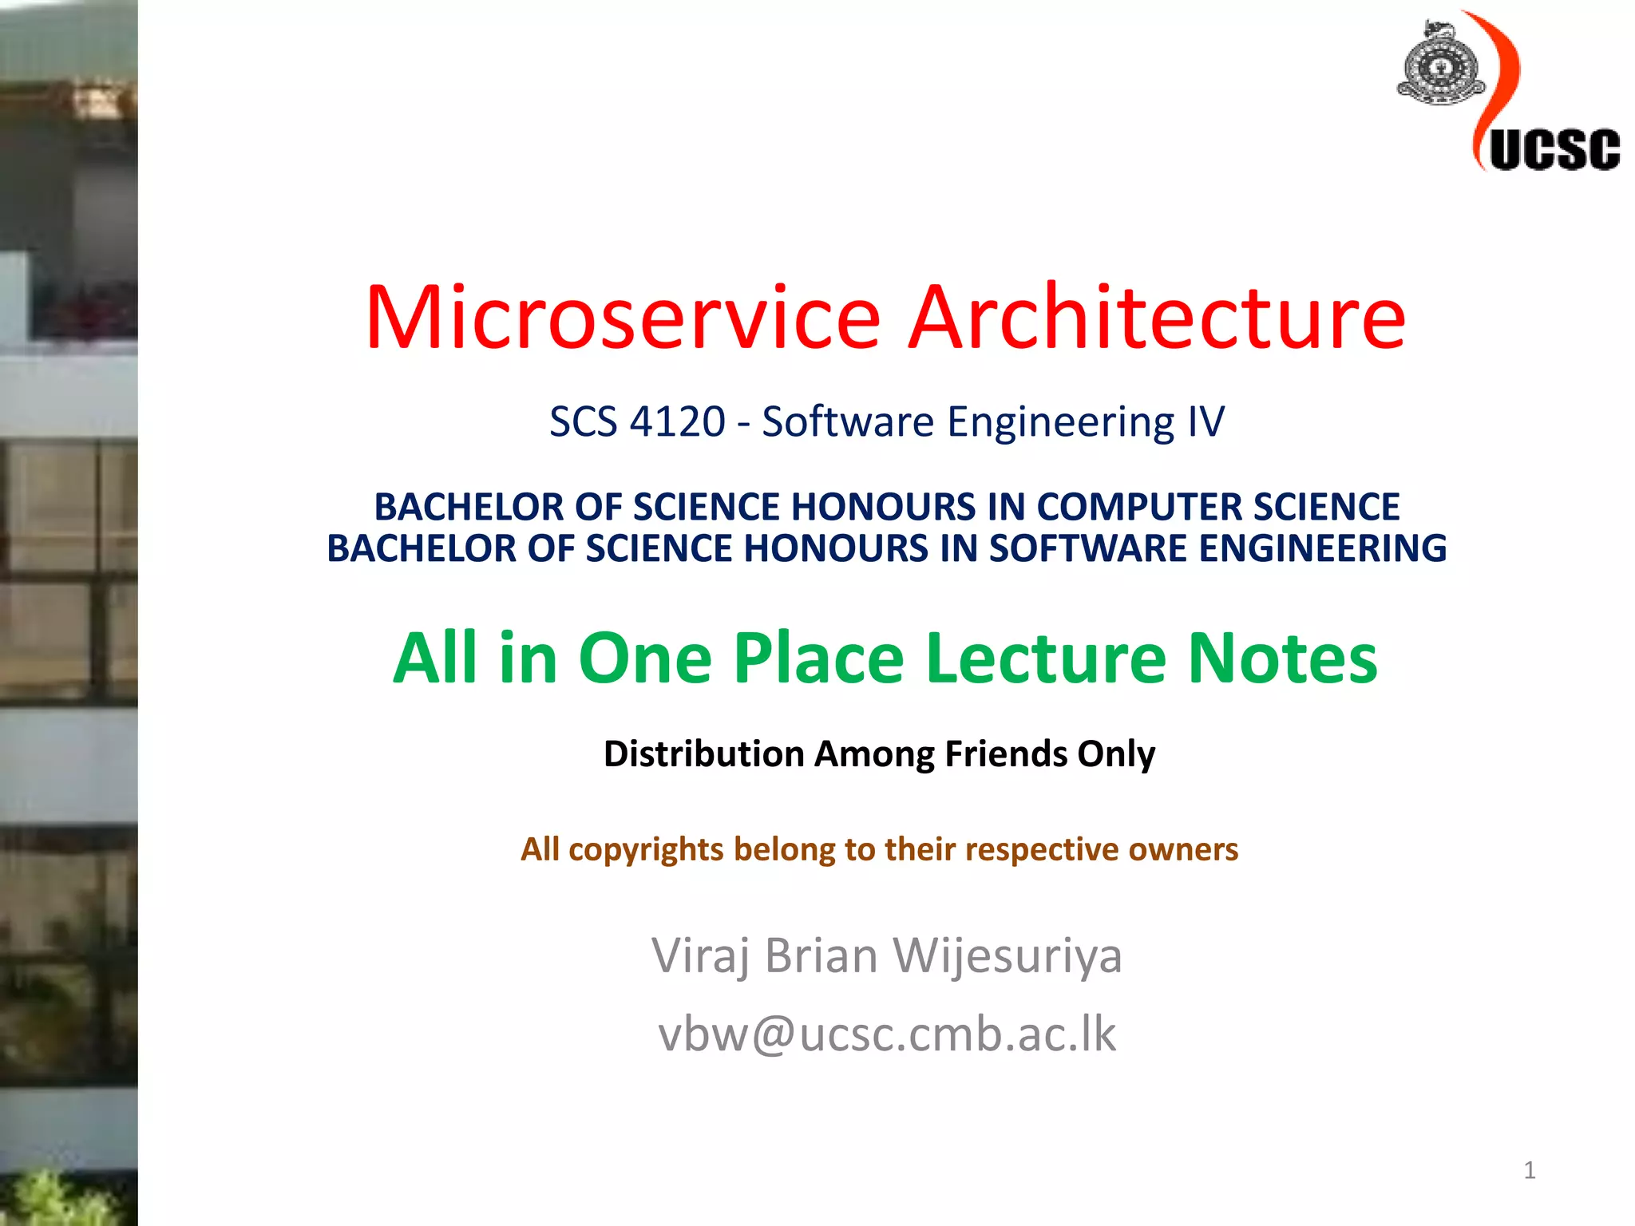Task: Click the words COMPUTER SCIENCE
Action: coord(1217,507)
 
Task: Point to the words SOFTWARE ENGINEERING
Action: coord(1217,548)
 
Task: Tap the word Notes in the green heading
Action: coord(1282,658)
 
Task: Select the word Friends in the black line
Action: coord(1006,753)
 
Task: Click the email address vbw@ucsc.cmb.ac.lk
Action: coord(886,1034)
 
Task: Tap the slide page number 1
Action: coord(1529,1170)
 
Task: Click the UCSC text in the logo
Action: coord(1554,149)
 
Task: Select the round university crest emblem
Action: coord(1440,68)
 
